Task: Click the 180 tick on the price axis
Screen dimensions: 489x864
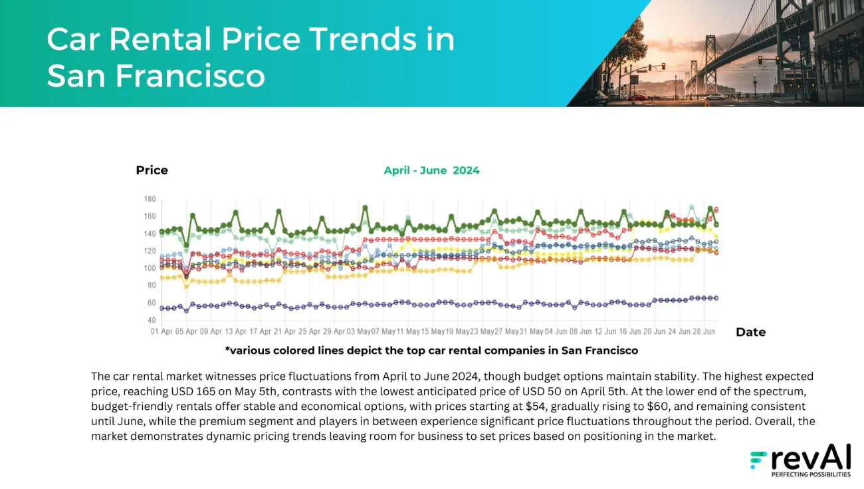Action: click(150, 200)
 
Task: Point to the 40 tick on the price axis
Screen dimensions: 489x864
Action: click(152, 321)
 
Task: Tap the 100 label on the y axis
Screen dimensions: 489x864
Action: click(150, 269)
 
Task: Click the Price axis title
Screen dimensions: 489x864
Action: click(152, 170)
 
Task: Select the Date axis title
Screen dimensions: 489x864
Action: click(750, 332)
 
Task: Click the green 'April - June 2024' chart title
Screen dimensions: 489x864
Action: click(431, 170)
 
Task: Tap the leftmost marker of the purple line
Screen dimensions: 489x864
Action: click(162, 308)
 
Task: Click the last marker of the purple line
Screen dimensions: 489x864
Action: click(716, 298)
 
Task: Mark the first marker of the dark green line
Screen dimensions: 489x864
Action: click(162, 232)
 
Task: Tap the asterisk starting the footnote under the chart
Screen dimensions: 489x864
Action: click(228, 350)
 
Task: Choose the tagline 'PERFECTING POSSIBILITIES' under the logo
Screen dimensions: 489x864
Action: click(810, 475)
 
